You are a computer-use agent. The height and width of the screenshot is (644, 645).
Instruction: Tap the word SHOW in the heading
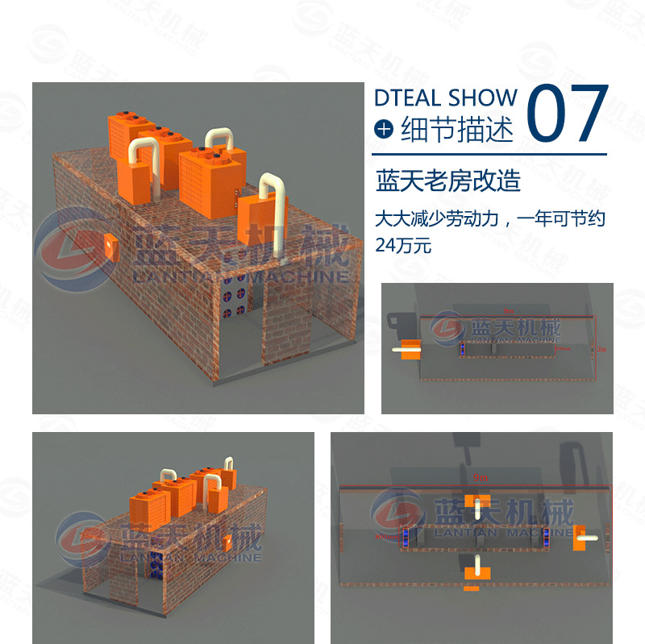(x=482, y=98)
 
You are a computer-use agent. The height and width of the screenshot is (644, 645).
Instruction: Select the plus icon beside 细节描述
(x=385, y=129)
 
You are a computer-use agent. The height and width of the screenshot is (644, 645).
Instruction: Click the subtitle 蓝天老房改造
(x=448, y=181)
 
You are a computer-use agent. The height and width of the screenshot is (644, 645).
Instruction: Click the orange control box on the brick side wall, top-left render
(x=110, y=243)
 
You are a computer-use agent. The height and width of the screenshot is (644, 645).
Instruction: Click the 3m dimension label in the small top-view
(x=601, y=350)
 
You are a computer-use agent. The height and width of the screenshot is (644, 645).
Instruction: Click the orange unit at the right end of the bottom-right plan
(x=578, y=538)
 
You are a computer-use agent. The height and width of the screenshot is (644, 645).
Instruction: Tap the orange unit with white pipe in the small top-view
(x=410, y=349)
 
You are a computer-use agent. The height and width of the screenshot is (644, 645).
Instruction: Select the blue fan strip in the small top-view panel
(x=463, y=350)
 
